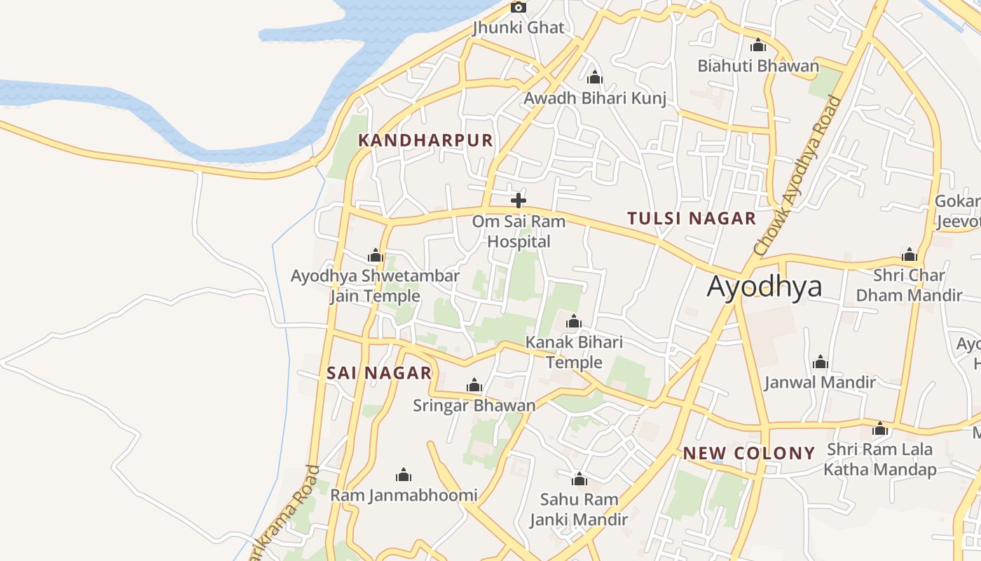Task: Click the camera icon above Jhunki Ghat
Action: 519,8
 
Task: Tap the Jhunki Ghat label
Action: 518,28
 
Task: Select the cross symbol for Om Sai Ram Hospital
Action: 519,201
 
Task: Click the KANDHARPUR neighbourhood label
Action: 425,140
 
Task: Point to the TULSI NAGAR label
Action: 692,218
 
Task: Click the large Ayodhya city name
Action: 764,287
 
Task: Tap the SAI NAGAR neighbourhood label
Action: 379,373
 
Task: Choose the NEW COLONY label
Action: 749,453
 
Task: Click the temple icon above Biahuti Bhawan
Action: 758,46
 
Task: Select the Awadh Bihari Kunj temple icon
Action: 595,77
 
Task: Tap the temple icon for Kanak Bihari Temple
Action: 574,322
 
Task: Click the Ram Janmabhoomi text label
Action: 404,495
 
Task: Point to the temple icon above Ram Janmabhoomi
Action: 404,475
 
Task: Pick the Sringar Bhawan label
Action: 474,405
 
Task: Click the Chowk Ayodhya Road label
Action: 797,175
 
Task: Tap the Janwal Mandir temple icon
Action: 821,363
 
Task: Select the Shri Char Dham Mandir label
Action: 909,285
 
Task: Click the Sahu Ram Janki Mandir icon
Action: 579,480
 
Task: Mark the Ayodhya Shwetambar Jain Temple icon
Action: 376,256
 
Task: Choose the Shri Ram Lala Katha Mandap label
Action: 879,459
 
